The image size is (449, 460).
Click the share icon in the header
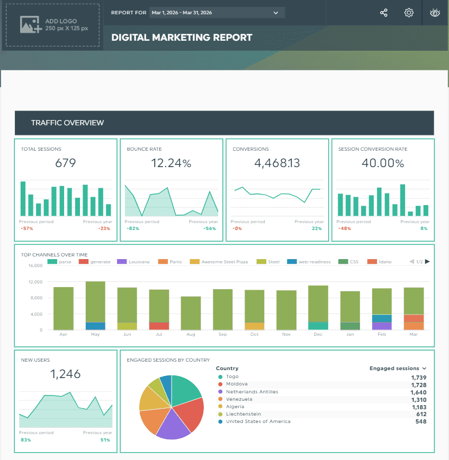(x=384, y=13)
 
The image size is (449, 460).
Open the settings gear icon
(x=409, y=13)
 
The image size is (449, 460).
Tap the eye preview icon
(x=435, y=13)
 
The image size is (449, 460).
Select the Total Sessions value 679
(x=66, y=163)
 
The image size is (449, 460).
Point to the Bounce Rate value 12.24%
(x=171, y=163)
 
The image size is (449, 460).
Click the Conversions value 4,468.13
(x=277, y=163)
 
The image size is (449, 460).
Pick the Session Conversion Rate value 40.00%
(x=383, y=163)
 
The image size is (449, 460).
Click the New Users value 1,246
(x=66, y=374)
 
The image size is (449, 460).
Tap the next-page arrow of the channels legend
(x=427, y=262)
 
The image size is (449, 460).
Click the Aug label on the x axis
(x=191, y=334)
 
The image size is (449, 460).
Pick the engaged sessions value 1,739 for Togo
(x=418, y=377)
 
